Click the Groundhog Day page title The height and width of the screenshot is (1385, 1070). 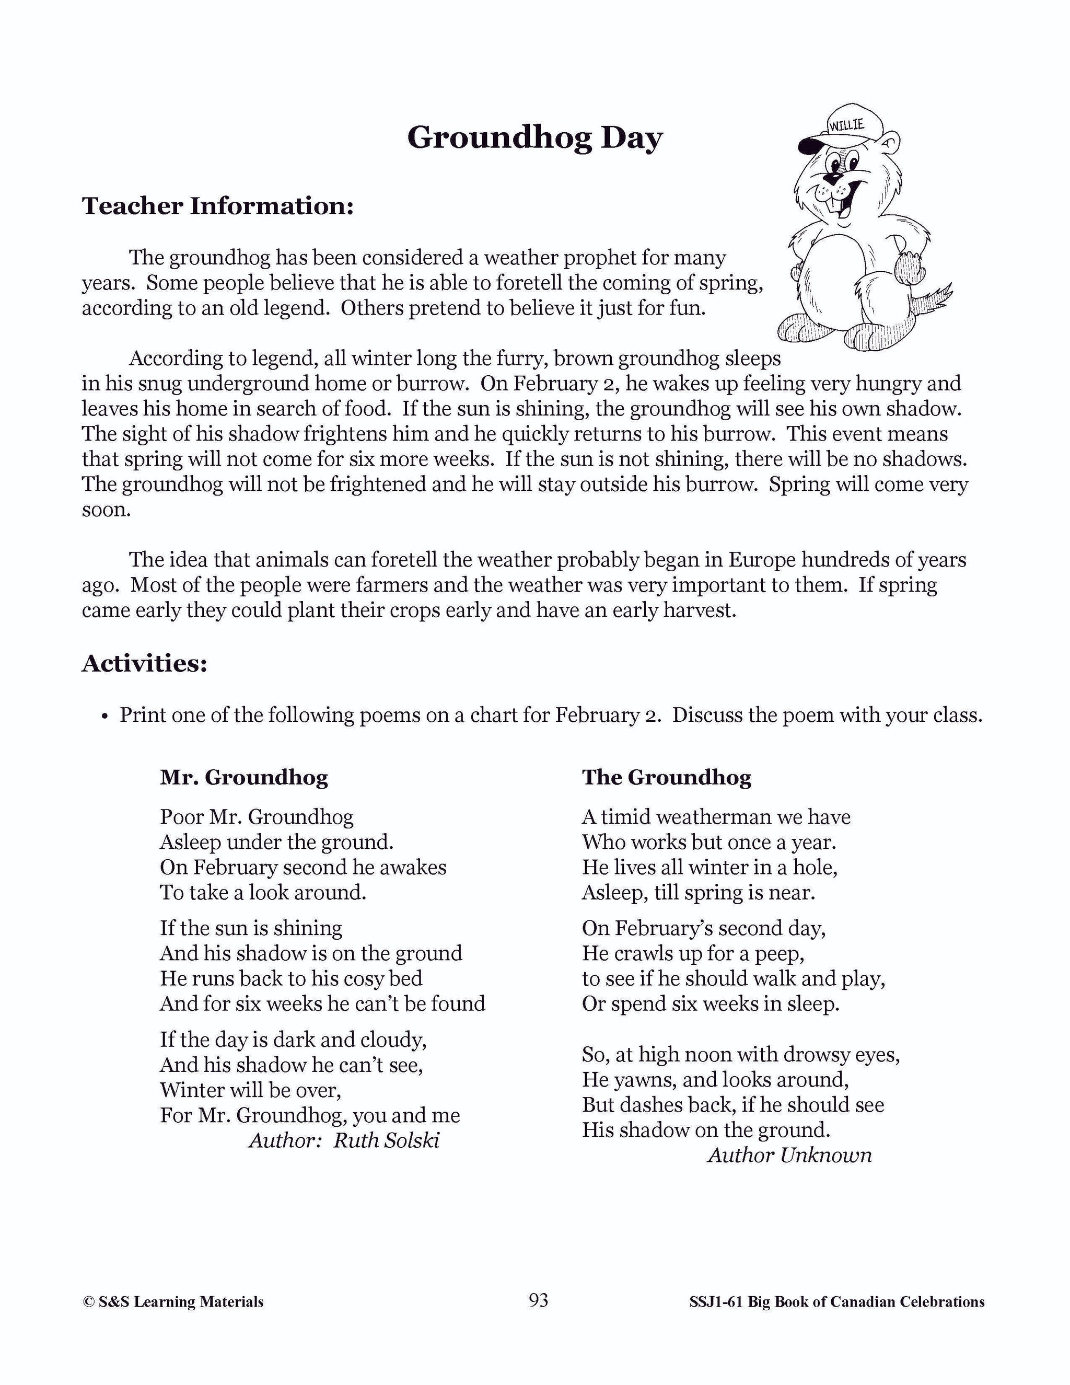tap(534, 137)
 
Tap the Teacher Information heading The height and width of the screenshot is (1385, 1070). tap(217, 206)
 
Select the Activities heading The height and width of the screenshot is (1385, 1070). tap(145, 663)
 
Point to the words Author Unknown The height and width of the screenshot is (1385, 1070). tap(789, 1155)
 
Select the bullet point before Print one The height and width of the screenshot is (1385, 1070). tap(104, 717)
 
